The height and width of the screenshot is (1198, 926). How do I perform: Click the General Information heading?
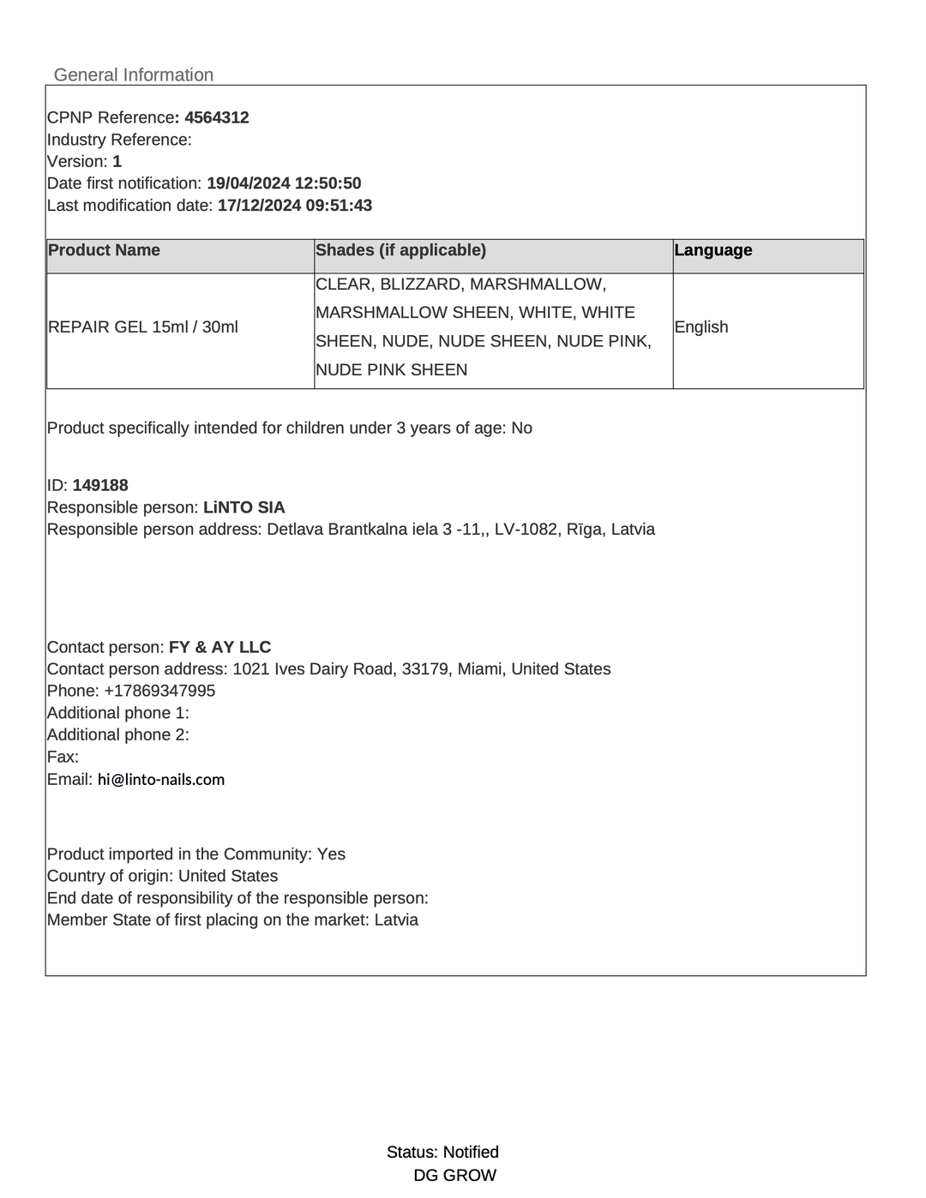(134, 75)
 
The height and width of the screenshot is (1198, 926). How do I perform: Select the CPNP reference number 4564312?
(217, 117)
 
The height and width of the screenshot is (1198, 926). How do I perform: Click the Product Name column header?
(105, 250)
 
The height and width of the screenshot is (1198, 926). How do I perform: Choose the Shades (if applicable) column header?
(400, 250)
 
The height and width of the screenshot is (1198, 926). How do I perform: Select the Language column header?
(713, 250)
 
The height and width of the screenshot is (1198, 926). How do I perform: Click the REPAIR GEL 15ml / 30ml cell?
(143, 327)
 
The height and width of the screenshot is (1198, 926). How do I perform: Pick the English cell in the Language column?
(701, 327)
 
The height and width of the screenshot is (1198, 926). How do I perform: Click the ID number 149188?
(100, 485)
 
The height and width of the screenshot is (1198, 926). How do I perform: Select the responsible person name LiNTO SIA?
(244, 507)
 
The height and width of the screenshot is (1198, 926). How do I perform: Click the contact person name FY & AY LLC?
(219, 647)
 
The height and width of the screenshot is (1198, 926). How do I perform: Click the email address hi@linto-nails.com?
(161, 780)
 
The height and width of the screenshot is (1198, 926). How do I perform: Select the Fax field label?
(63, 757)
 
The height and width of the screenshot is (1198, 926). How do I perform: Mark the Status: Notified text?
(442, 1153)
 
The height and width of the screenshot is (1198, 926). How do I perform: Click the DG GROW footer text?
(454, 1176)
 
